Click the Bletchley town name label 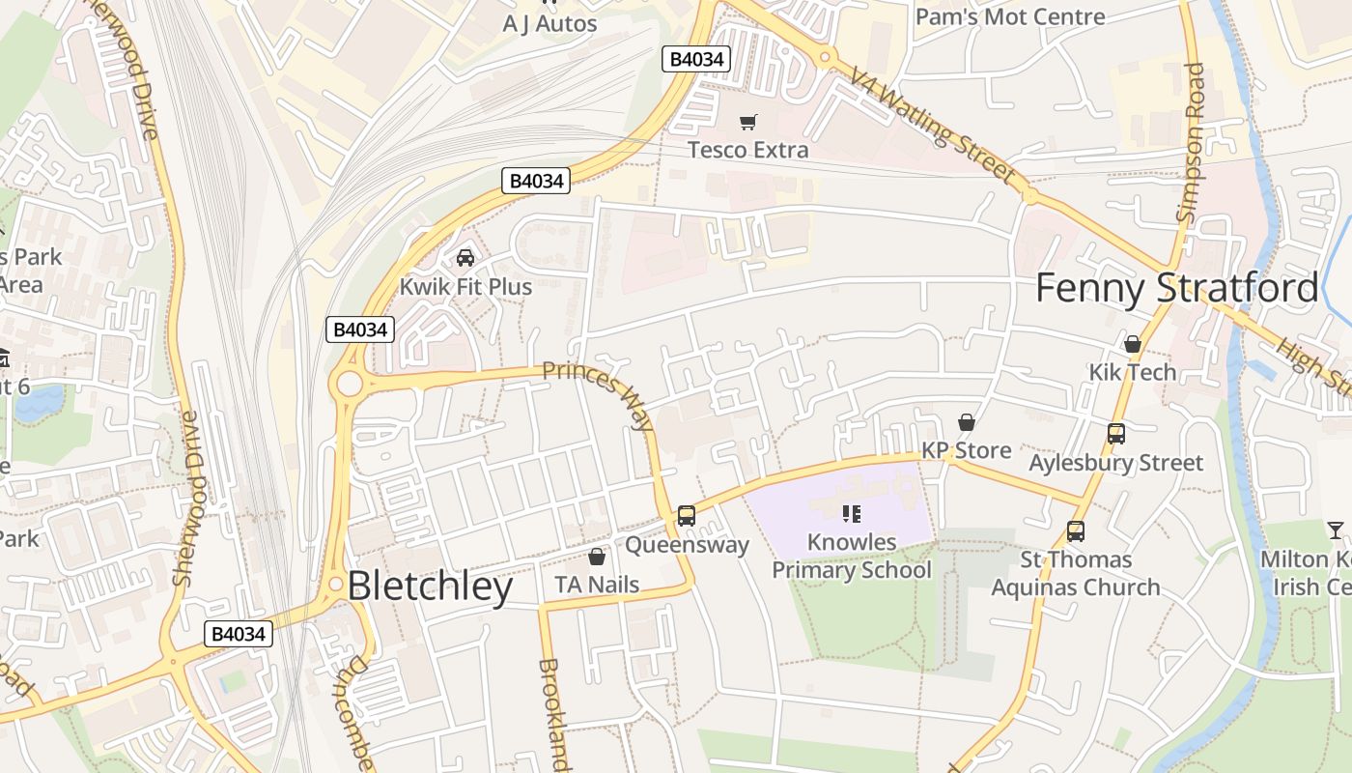pyautogui.click(x=430, y=587)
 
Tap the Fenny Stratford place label pyautogui.click(x=1176, y=289)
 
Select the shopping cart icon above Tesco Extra pyautogui.click(x=747, y=122)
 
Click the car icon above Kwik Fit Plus pyautogui.click(x=465, y=258)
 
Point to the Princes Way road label pyautogui.click(x=599, y=396)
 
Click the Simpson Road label pyautogui.click(x=1192, y=143)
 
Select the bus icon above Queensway pyautogui.click(x=687, y=516)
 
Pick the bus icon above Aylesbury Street pyautogui.click(x=1116, y=434)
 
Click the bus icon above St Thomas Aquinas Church pyautogui.click(x=1076, y=530)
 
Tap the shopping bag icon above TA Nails pyautogui.click(x=597, y=557)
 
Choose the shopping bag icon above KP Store pyautogui.click(x=966, y=422)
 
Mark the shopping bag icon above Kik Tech pyautogui.click(x=1133, y=344)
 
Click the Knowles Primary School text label pyautogui.click(x=851, y=557)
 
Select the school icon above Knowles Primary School pyautogui.click(x=851, y=513)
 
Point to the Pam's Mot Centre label pyautogui.click(x=1010, y=16)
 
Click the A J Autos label pyautogui.click(x=550, y=23)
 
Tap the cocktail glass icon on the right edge pyautogui.click(x=1336, y=530)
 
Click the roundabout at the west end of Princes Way pyautogui.click(x=349, y=385)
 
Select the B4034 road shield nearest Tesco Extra pyautogui.click(x=696, y=59)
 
